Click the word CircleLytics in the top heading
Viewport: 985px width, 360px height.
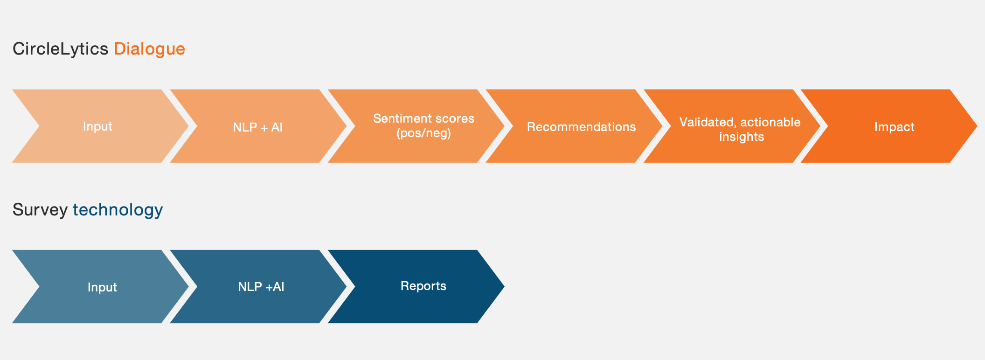point(60,49)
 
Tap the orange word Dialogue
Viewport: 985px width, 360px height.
point(149,49)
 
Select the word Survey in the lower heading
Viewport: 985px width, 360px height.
point(40,210)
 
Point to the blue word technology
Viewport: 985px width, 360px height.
point(118,210)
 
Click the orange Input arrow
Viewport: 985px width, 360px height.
point(100,126)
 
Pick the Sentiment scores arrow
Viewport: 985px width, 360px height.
point(416,126)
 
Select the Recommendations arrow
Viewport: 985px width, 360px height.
point(574,126)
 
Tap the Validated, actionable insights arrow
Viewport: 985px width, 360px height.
point(731,126)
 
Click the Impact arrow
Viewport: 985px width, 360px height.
point(889,126)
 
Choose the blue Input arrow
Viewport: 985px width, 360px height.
point(100,286)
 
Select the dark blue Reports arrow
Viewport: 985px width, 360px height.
point(416,286)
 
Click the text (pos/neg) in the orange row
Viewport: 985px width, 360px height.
point(423,133)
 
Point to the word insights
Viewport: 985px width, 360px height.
point(742,137)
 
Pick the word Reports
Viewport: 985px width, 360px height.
point(423,286)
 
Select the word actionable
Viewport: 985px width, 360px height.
point(770,122)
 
